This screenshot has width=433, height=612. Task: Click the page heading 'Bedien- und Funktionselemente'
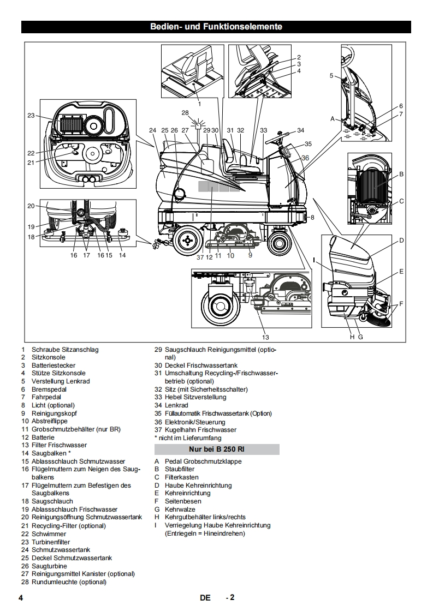pyautogui.click(x=216, y=27)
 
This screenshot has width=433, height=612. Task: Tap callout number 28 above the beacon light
pyautogui.click(x=185, y=113)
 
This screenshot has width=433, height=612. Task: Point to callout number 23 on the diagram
pyautogui.click(x=31, y=115)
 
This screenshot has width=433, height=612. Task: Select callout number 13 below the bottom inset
pyautogui.click(x=265, y=337)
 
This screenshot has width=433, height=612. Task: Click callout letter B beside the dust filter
pyautogui.click(x=401, y=175)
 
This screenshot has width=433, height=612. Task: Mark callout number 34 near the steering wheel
pyautogui.click(x=300, y=130)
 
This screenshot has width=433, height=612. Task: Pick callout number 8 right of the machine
pyautogui.click(x=313, y=218)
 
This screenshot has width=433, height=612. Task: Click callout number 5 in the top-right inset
pyautogui.click(x=331, y=76)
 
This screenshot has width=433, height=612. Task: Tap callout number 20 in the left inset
pyautogui.click(x=31, y=206)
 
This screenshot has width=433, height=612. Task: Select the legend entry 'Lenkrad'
pyautogui.click(x=176, y=405)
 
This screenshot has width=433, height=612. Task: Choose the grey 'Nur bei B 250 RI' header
pyautogui.click(x=217, y=449)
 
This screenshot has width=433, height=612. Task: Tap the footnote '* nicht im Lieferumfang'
pyautogui.click(x=188, y=437)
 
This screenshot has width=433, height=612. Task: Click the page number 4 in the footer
pyautogui.click(x=21, y=598)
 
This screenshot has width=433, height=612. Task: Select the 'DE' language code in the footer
pyautogui.click(x=205, y=598)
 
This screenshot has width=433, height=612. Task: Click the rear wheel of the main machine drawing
pyautogui.click(x=186, y=238)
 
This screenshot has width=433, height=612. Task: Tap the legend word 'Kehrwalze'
pyautogui.click(x=179, y=509)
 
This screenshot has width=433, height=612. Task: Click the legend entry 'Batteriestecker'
pyautogui.click(x=54, y=365)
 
